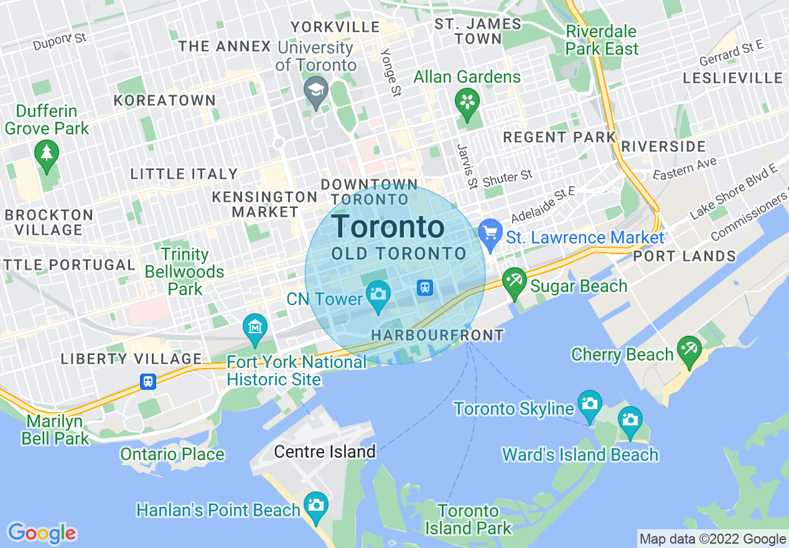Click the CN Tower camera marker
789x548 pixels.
pyautogui.click(x=378, y=292)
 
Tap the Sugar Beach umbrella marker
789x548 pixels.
pyautogui.click(x=515, y=280)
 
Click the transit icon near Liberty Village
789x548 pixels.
pyautogui.click(x=148, y=381)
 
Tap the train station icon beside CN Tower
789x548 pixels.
pyautogui.click(x=425, y=287)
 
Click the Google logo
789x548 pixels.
pyautogui.click(x=42, y=533)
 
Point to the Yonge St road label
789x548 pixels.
pyautogui.click(x=392, y=73)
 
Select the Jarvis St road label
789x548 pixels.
pyautogui.click(x=465, y=166)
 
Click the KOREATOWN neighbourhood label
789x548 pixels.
pyautogui.click(x=165, y=101)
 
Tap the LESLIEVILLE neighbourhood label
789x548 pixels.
pyautogui.click(x=732, y=78)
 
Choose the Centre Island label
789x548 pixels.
pyautogui.click(x=325, y=451)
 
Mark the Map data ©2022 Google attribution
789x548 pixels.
pyautogui.click(x=713, y=539)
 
